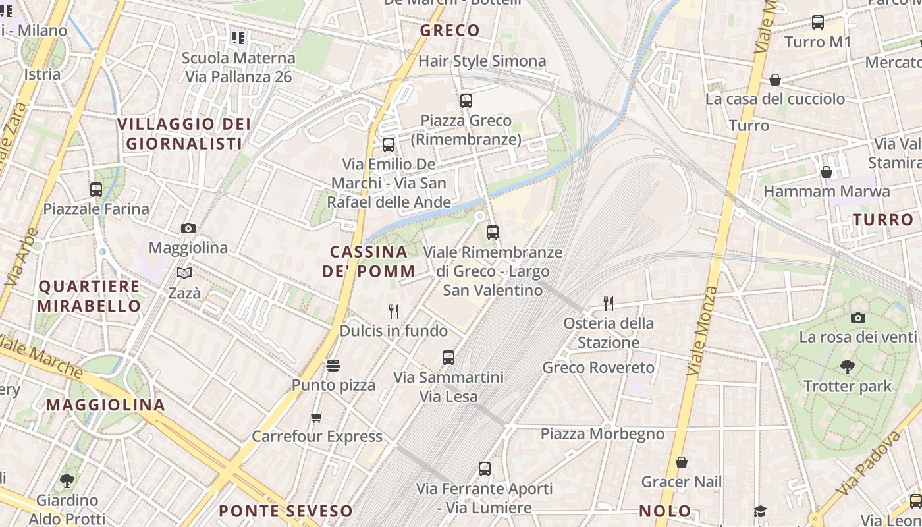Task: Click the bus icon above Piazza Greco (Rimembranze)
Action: [x=466, y=101]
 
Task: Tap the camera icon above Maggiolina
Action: [x=188, y=228]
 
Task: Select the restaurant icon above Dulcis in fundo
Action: [x=394, y=311]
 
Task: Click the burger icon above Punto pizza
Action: [x=333, y=366]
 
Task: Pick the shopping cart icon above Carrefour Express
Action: [x=317, y=417]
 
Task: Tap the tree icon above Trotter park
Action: [x=848, y=367]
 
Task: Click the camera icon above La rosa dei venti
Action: [x=857, y=318]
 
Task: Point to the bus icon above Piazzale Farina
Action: [x=96, y=190]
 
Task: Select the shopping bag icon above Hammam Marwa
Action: [x=827, y=172]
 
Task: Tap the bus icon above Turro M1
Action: [x=818, y=22]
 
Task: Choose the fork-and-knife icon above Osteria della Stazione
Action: [x=609, y=304]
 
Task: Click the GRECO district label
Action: [x=450, y=30]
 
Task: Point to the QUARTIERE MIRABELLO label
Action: [x=89, y=296]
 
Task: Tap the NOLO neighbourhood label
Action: [x=665, y=511]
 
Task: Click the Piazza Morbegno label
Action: [x=602, y=433]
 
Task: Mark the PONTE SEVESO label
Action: [x=286, y=511]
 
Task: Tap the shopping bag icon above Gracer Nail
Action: [x=682, y=462]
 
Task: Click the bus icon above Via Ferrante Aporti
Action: [x=485, y=469]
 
